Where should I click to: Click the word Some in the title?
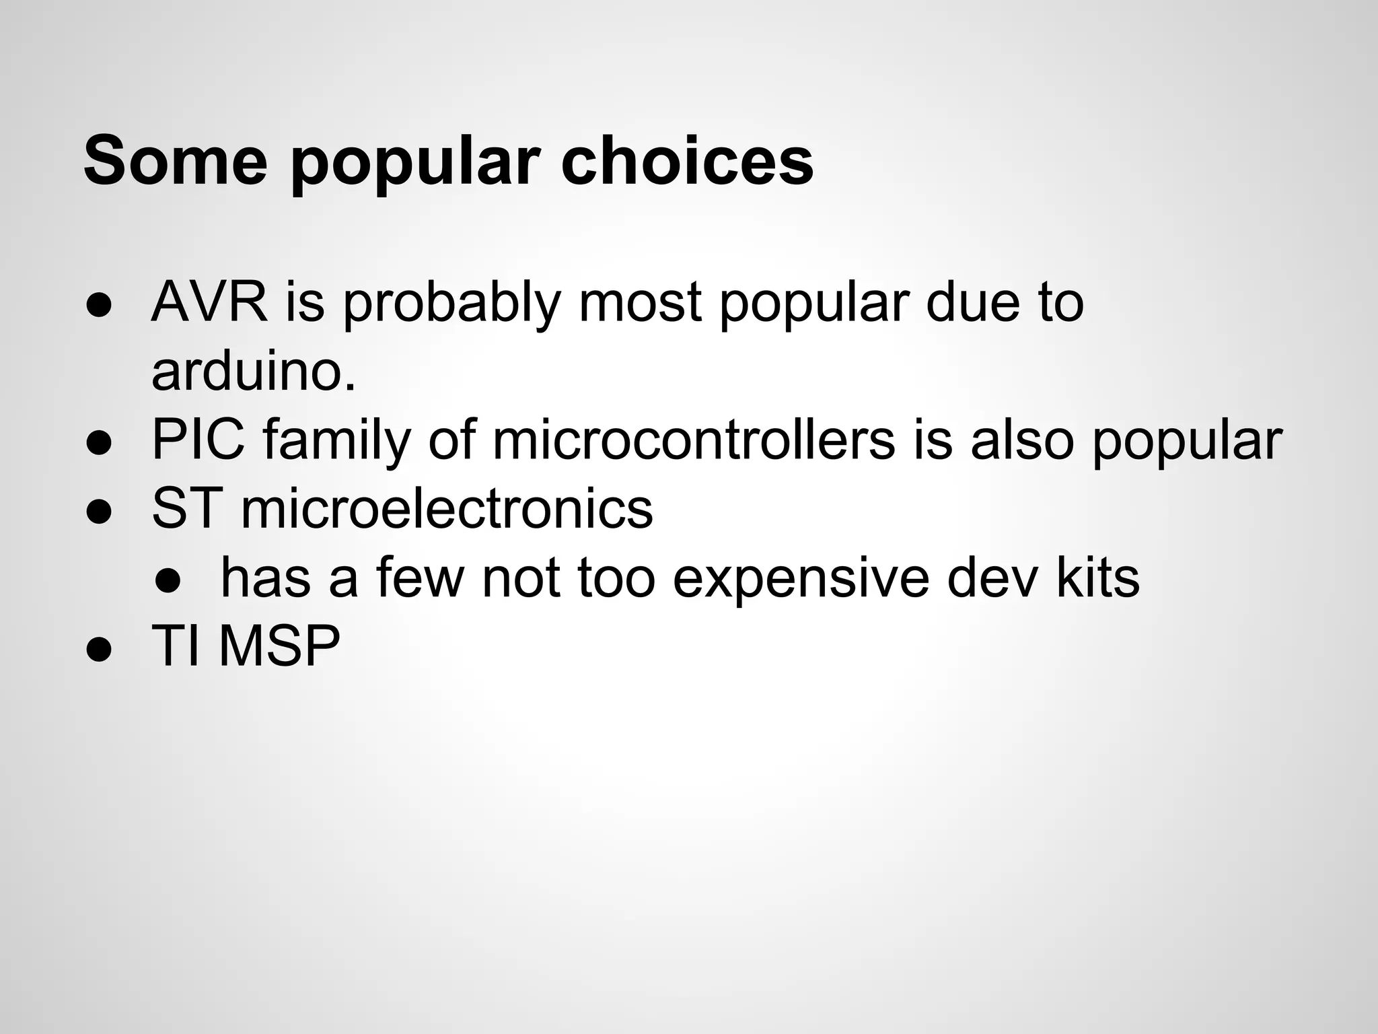click(x=176, y=162)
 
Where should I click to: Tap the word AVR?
click(x=209, y=302)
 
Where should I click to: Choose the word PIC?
click(x=198, y=440)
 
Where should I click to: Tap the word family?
click(x=336, y=442)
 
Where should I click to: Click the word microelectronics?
click(x=447, y=509)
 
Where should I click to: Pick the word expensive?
click(x=801, y=579)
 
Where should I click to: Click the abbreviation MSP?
click(x=279, y=646)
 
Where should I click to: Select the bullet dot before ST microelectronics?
click(x=98, y=511)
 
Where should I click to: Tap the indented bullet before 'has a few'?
click(x=167, y=580)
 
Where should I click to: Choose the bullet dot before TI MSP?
click(x=98, y=649)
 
